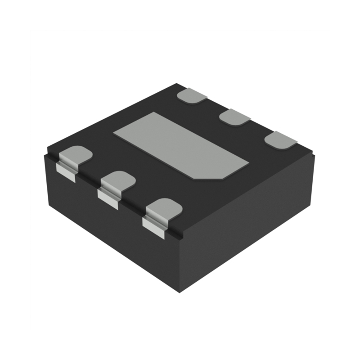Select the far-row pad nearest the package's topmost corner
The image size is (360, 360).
pyautogui.click(x=191, y=96)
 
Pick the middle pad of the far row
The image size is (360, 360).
pyautogui.click(x=234, y=117)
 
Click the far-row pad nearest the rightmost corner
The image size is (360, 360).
pyautogui.click(x=280, y=139)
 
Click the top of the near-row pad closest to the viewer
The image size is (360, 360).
pyautogui.click(x=164, y=208)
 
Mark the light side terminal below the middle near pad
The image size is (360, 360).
pyautogui.click(x=108, y=199)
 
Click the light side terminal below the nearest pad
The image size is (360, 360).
pyautogui.click(x=153, y=227)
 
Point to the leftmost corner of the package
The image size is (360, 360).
pyautogui.click(x=45, y=155)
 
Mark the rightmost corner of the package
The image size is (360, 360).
pyautogui.click(x=314, y=155)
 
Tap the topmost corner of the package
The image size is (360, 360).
pyautogui.click(x=178, y=84)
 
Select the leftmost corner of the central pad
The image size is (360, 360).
pyautogui.click(x=115, y=132)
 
